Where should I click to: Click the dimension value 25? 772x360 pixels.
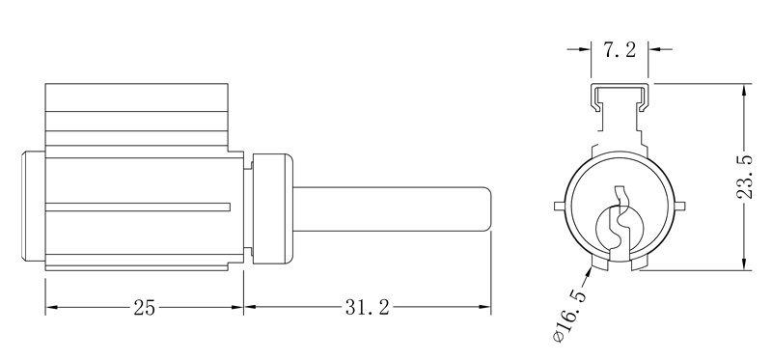144,308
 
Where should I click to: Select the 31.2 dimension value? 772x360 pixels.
367,308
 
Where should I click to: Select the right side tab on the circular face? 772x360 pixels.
681,206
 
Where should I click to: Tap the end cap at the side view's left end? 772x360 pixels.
31,208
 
